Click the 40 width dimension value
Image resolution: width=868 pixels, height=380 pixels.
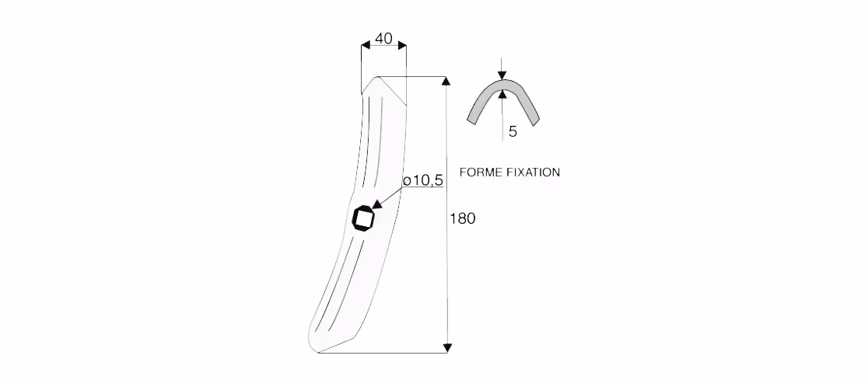point(383,38)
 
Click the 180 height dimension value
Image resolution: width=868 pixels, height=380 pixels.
point(462,218)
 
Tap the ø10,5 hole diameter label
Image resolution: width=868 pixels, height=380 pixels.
point(423,180)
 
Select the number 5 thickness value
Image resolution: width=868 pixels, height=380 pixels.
point(513,131)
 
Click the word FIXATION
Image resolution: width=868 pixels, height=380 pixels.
point(534,172)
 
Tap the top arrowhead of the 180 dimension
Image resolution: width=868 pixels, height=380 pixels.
point(446,82)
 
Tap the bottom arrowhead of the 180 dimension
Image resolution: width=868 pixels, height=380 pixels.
point(448,348)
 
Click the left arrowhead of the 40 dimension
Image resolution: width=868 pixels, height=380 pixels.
point(366,45)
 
